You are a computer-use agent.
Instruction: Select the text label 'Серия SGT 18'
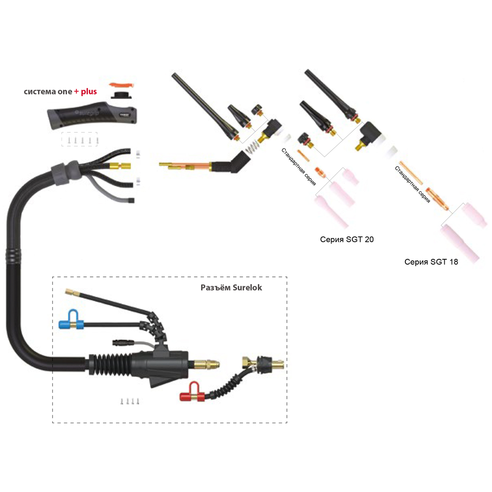[431, 262]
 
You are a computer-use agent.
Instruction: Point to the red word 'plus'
[89, 92]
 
